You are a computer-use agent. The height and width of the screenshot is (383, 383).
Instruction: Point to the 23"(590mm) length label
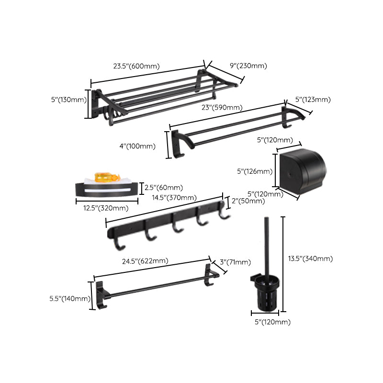[x=222, y=108]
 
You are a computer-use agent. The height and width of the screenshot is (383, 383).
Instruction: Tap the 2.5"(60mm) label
[x=163, y=188]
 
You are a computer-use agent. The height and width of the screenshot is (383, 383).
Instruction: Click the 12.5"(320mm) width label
[x=102, y=208]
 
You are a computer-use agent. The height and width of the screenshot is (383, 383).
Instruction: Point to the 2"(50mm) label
[x=248, y=201]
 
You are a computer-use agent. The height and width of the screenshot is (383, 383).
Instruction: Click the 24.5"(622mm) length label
[x=145, y=261]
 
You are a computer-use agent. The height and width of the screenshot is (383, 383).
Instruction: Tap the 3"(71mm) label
[x=235, y=262]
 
